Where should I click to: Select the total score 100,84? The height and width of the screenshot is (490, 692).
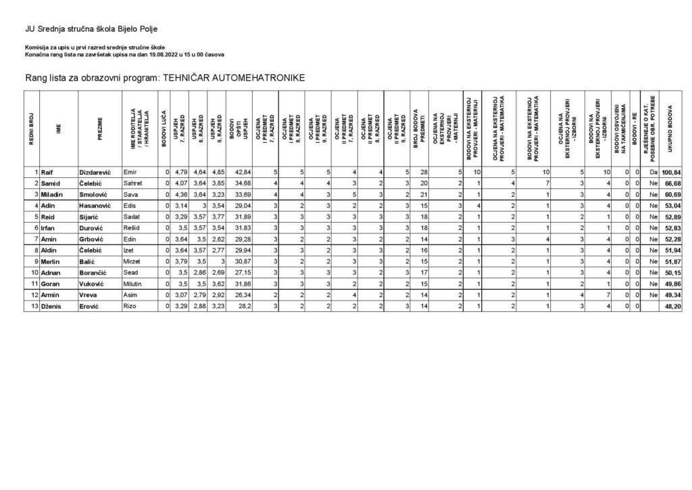[670, 173]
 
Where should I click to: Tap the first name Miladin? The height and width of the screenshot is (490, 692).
[53, 195]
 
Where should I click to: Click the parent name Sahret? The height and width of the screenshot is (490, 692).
[132, 184]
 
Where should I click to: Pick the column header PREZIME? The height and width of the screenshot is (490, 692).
[99, 129]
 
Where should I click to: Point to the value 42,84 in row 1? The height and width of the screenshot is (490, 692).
[241, 173]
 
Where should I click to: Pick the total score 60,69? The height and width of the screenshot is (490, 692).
[672, 195]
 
